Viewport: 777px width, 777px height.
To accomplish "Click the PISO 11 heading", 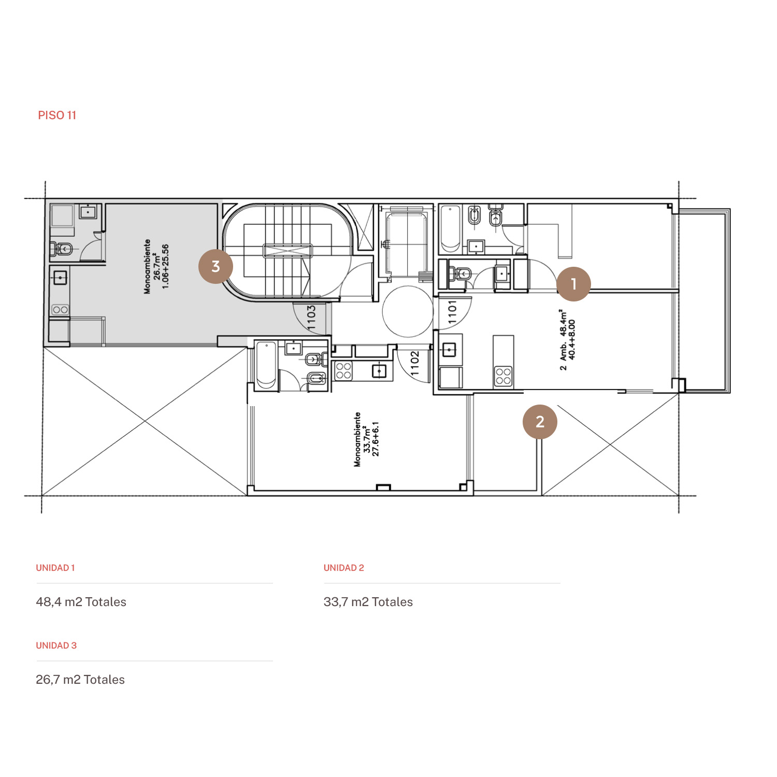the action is (57, 115).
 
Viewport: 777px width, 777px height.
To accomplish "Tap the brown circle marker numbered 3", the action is (216, 266).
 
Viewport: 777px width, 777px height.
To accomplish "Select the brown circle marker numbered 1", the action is (573, 284).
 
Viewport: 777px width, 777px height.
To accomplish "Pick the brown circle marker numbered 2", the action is (540, 422).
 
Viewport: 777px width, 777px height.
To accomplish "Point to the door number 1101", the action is (452, 312).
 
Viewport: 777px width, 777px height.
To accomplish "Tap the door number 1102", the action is (414, 363).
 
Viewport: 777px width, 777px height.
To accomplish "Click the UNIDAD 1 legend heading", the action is (55, 568).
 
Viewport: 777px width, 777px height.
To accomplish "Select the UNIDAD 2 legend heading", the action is (344, 568).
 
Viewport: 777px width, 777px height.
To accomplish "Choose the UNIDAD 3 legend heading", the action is (56, 645).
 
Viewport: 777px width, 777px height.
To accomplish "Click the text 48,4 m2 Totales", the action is (81, 602).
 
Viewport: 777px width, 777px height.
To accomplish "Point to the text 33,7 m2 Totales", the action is (368, 602).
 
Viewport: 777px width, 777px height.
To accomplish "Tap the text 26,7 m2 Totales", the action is (80, 680).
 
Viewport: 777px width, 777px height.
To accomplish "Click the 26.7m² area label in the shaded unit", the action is (156, 266).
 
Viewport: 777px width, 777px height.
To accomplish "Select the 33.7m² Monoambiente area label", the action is (366, 439).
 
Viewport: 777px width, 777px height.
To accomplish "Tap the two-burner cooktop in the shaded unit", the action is (60, 310).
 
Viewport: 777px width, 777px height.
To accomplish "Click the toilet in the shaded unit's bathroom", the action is (61, 249).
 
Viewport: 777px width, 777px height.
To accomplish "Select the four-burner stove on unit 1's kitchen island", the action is (503, 376).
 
